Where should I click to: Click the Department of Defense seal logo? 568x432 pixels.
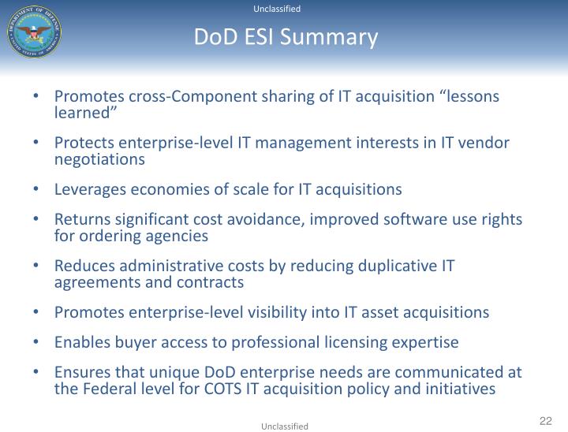pos(34,31)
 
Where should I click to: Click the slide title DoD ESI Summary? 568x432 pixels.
pos(286,37)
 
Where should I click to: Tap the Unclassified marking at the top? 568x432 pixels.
pos(277,9)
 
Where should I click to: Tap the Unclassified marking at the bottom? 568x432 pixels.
pos(285,426)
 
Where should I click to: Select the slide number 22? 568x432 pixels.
pos(545,420)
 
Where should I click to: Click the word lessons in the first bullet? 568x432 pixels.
pos(472,97)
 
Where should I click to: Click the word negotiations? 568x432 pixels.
pos(99,158)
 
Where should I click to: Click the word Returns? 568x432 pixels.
pos(80,220)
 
